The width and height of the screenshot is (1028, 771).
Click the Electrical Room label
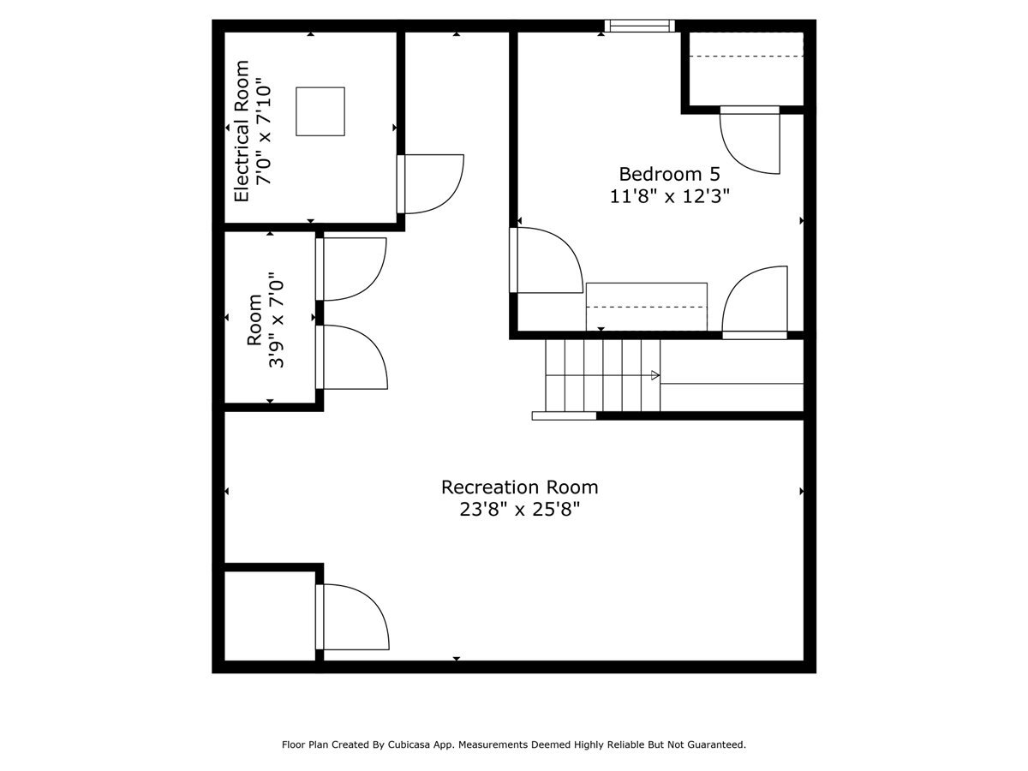(x=242, y=131)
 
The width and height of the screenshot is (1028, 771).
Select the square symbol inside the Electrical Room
(x=320, y=111)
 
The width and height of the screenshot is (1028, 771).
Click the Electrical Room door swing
(x=433, y=183)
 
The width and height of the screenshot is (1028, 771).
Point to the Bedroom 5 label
(x=669, y=173)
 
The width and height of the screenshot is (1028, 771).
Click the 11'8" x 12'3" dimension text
(x=669, y=195)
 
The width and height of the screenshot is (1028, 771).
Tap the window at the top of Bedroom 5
(x=639, y=27)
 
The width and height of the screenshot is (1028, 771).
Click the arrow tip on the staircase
(x=655, y=375)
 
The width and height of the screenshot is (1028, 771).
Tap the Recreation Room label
(x=519, y=487)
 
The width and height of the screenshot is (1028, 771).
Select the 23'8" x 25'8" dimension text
(x=519, y=510)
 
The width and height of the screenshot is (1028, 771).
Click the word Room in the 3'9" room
(x=254, y=320)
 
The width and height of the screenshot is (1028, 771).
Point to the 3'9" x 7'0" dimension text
(x=276, y=320)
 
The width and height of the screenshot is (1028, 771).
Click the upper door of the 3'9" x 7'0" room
(x=352, y=269)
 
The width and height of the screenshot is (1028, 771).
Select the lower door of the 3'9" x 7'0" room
(x=353, y=357)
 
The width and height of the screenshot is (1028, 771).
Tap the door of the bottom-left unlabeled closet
(x=353, y=617)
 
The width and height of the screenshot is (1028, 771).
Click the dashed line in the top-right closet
(x=745, y=57)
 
